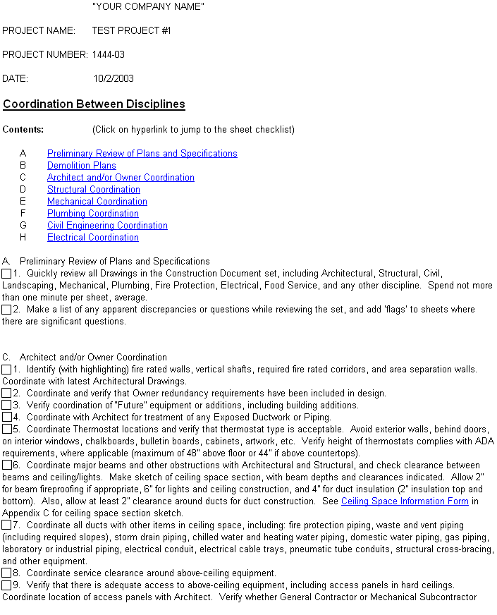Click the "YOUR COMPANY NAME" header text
click(x=148, y=6)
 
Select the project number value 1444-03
click(x=108, y=54)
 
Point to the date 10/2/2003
click(x=113, y=78)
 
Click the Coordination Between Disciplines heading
click(x=94, y=104)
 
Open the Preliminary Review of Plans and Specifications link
click(x=142, y=153)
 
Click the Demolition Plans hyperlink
click(x=81, y=165)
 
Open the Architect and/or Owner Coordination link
click(x=121, y=177)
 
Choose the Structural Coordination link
click(x=93, y=189)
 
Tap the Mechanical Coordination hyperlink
click(x=97, y=201)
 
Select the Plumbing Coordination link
click(x=92, y=213)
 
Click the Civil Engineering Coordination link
click(x=107, y=225)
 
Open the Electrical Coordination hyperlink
click(x=92, y=237)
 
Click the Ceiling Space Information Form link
click(x=405, y=501)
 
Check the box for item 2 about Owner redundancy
click(x=6, y=393)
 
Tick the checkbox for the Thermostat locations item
click(x=6, y=429)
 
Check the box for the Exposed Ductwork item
click(x=6, y=417)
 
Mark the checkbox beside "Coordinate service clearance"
click(x=6, y=573)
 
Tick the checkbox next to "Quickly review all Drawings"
click(x=6, y=273)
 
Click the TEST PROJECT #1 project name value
click(x=131, y=30)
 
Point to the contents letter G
click(x=23, y=225)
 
